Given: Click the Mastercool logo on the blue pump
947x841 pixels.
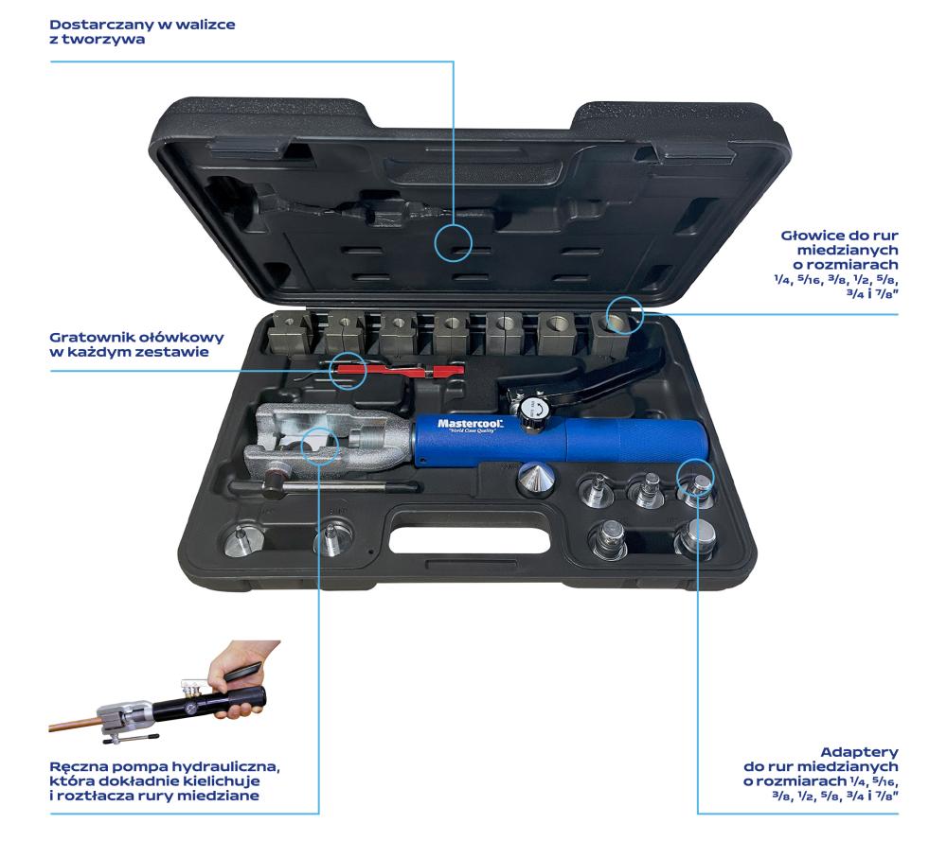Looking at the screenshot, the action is click(471, 425).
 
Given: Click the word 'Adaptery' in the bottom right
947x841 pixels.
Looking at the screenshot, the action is click(859, 752).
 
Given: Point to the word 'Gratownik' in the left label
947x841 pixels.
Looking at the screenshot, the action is click(92, 337).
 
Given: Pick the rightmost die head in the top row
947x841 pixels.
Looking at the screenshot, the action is click(612, 332).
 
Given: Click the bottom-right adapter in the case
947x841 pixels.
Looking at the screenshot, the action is click(696, 538).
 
